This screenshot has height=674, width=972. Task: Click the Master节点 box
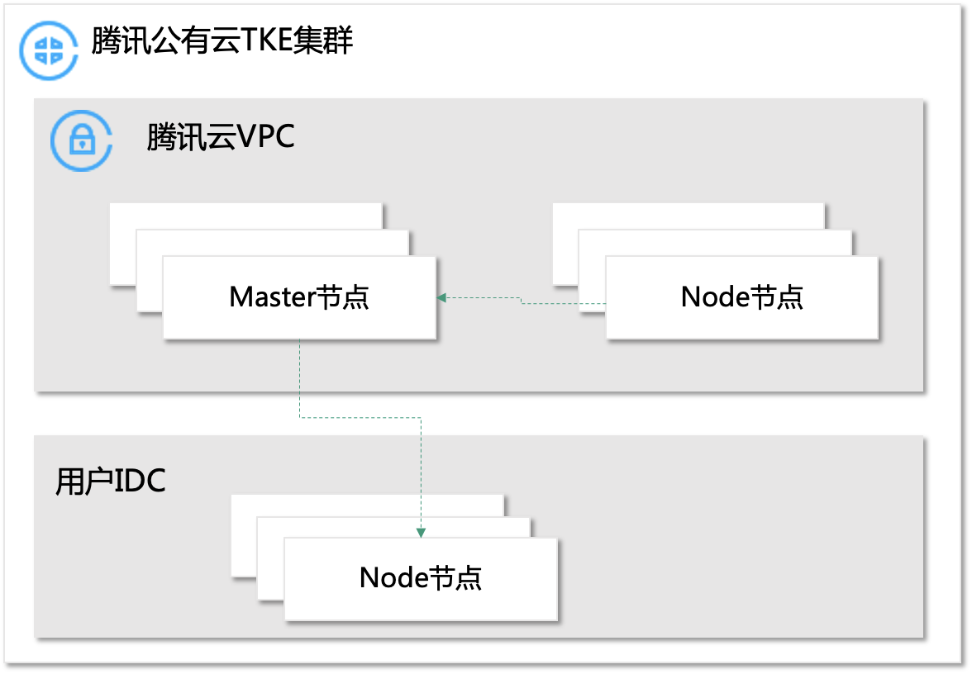299,297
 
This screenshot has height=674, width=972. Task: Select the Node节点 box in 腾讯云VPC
742,297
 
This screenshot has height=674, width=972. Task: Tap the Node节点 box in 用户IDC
421,578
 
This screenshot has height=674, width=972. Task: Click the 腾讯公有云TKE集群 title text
222,41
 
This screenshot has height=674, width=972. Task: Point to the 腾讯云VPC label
221,137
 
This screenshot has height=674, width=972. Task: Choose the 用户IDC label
111,482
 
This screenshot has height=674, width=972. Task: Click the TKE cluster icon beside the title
48,50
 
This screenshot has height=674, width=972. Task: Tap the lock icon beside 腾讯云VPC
81,140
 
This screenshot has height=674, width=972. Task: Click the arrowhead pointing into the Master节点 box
441,297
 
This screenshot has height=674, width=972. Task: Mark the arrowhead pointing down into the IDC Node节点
421,533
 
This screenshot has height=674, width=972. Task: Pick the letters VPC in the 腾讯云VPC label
265,136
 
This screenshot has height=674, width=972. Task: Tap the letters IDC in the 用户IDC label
140,481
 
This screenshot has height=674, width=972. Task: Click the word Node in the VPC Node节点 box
716,297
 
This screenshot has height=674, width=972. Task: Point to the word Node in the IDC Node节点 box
393,577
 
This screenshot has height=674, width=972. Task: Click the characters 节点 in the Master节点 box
342,297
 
